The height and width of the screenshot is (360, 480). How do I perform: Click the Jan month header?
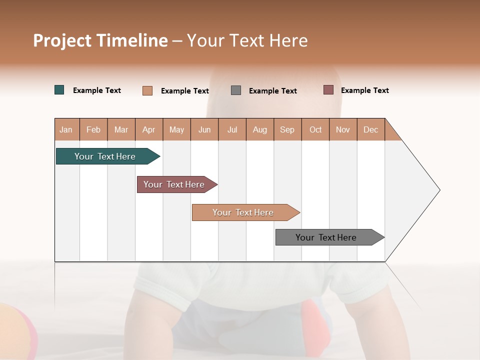(66, 129)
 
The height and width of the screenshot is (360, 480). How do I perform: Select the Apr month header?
(149, 129)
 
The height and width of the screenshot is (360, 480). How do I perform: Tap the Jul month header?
(232, 129)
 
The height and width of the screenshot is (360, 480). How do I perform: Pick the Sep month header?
(287, 129)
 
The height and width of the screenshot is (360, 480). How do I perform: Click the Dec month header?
(370, 129)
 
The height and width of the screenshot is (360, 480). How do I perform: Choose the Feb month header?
(93, 129)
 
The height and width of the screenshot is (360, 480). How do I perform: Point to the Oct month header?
(315, 129)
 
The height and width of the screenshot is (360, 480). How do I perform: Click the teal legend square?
(59, 90)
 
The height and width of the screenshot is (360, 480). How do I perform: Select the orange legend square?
(147, 90)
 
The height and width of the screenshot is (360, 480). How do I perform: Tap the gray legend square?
(236, 90)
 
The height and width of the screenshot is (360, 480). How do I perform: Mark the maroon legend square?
(328, 90)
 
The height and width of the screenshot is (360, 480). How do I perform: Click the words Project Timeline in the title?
(100, 40)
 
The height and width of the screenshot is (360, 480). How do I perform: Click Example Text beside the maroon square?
(364, 90)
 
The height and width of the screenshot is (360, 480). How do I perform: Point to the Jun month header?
(204, 129)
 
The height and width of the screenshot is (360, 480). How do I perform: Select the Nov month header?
(343, 129)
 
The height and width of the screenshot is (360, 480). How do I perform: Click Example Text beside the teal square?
(97, 90)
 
